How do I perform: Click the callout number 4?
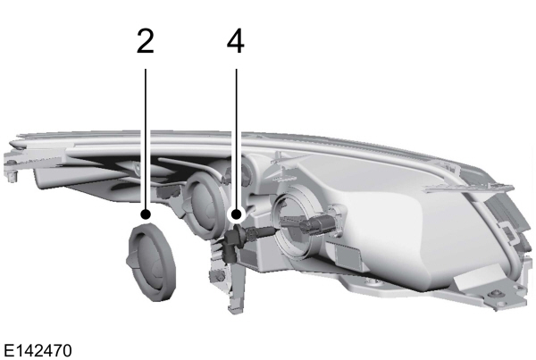pos(236,42)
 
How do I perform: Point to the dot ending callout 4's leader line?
pos(236,215)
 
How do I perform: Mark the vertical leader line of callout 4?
pos(236,134)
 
